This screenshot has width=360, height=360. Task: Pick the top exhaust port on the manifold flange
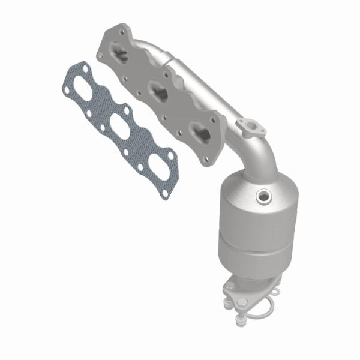click(x=121, y=56)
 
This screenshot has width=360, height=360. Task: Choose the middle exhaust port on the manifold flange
click(x=159, y=91)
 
